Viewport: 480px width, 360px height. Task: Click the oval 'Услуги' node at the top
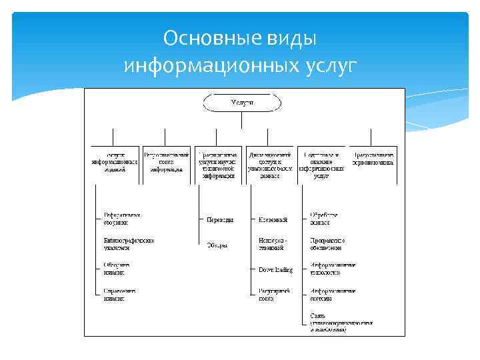[x=241, y=103]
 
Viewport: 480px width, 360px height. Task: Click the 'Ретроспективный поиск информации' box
[x=167, y=162]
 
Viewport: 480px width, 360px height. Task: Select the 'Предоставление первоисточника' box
[x=373, y=159]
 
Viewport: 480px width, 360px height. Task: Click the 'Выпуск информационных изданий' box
[x=115, y=162]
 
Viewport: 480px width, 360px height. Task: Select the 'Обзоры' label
[x=217, y=245]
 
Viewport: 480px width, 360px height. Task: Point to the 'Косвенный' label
[x=273, y=219]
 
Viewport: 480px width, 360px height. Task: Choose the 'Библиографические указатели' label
[x=129, y=244]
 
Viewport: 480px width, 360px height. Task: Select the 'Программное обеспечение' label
[x=331, y=244]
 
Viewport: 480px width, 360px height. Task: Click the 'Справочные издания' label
[x=121, y=294]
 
